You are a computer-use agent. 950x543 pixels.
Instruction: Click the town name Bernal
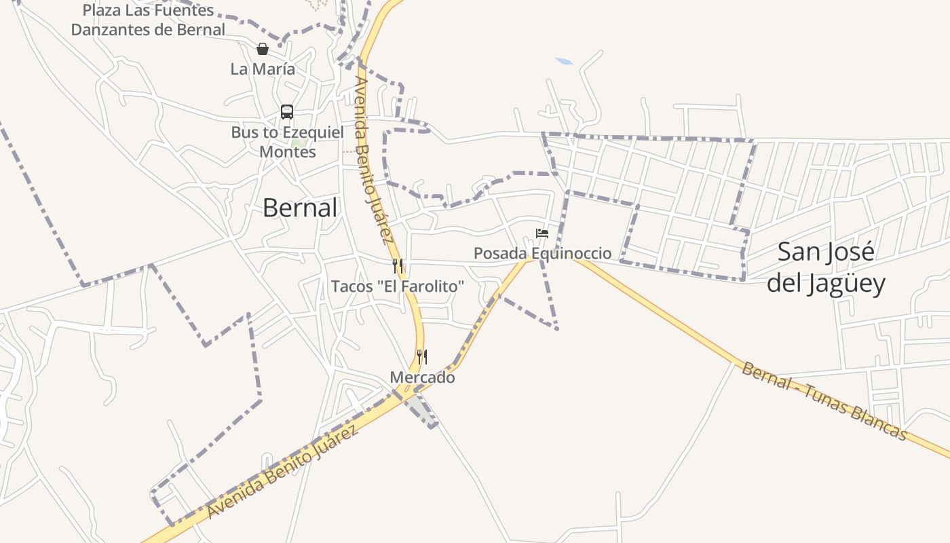(x=299, y=208)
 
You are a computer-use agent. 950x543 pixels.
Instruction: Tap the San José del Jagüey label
(x=826, y=267)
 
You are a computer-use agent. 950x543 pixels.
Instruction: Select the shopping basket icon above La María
(x=263, y=49)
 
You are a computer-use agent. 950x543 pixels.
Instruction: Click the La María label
(x=263, y=69)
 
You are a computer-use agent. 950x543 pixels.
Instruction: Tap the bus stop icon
(x=287, y=112)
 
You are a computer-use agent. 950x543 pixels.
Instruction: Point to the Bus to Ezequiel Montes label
(x=288, y=142)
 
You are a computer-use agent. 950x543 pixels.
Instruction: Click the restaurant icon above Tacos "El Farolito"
(x=398, y=266)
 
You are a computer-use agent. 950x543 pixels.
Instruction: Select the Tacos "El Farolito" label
(x=398, y=286)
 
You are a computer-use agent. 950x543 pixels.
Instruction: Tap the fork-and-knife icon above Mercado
(x=422, y=357)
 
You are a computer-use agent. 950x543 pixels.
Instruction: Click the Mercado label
(x=422, y=377)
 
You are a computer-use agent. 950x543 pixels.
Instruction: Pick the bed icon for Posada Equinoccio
(x=542, y=233)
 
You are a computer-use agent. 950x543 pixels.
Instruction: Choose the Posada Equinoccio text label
(x=542, y=254)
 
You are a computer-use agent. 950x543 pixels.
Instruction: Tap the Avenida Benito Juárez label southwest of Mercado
(x=282, y=472)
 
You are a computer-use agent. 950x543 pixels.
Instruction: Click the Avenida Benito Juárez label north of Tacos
(x=373, y=160)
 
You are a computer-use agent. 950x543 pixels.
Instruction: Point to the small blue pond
(x=564, y=62)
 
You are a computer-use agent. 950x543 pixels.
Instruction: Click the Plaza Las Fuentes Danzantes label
(x=148, y=20)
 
